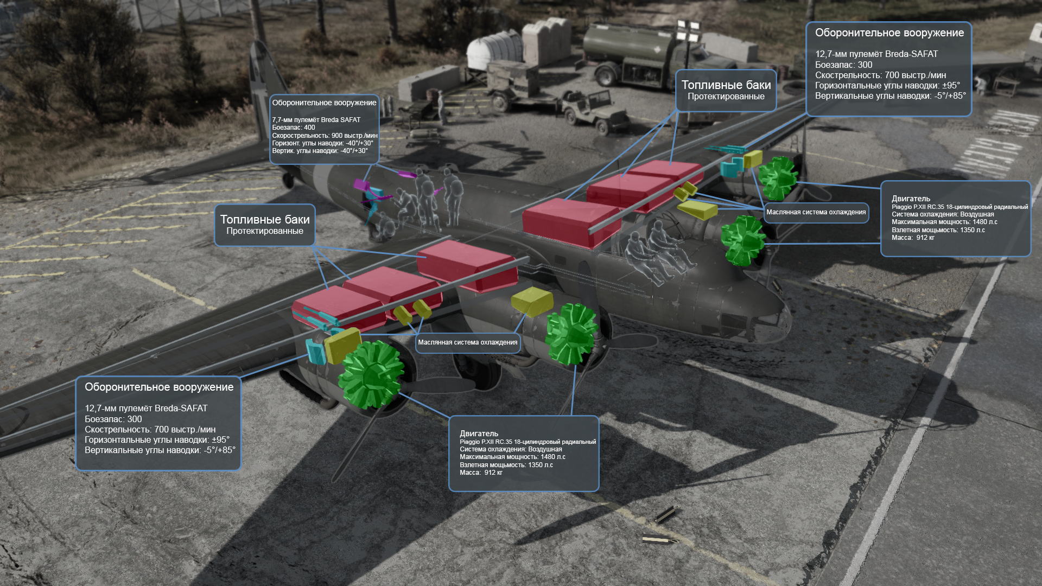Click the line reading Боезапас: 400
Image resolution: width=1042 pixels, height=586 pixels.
pyautogui.click(x=294, y=128)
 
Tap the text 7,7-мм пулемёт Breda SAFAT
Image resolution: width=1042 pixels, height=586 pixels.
pyautogui.click(x=316, y=120)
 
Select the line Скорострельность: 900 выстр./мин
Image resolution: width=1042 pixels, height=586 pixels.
pyautogui.click(x=325, y=136)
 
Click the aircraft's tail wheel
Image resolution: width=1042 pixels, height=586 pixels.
pyautogui.click(x=288, y=180)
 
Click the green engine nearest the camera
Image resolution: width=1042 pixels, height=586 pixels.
pyautogui.click(x=371, y=374)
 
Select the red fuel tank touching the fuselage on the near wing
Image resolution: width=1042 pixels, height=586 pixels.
pyautogui.click(x=467, y=266)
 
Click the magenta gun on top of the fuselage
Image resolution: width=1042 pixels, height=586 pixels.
pyautogui.click(x=406, y=174)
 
